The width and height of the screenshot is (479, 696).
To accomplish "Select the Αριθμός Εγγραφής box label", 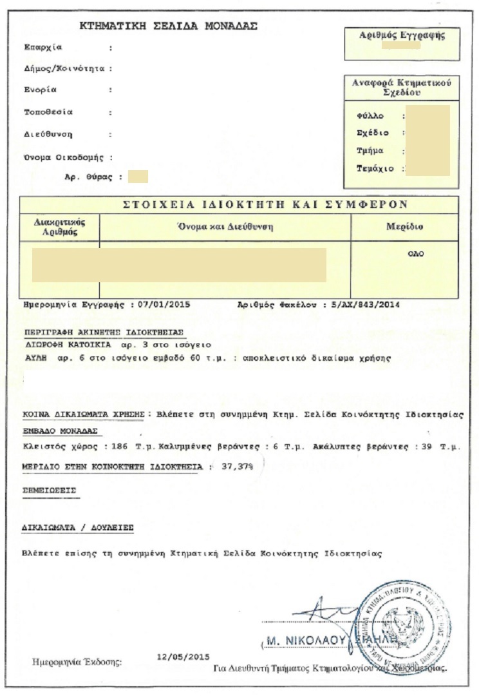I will click(x=402, y=36).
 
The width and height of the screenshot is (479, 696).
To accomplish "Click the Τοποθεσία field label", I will click(x=48, y=112).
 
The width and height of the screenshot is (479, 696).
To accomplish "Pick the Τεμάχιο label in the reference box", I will click(x=373, y=169).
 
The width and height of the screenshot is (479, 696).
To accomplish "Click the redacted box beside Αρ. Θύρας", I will click(x=138, y=176).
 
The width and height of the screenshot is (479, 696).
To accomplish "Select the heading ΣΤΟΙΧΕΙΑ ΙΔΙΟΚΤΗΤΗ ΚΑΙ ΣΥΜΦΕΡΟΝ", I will click(x=265, y=205).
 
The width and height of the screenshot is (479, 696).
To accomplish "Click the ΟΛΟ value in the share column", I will click(x=416, y=254).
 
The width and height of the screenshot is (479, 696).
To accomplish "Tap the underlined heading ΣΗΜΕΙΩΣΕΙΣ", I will click(x=49, y=490).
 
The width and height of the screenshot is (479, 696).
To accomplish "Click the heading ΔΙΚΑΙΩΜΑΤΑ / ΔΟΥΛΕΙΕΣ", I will click(x=77, y=527).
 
